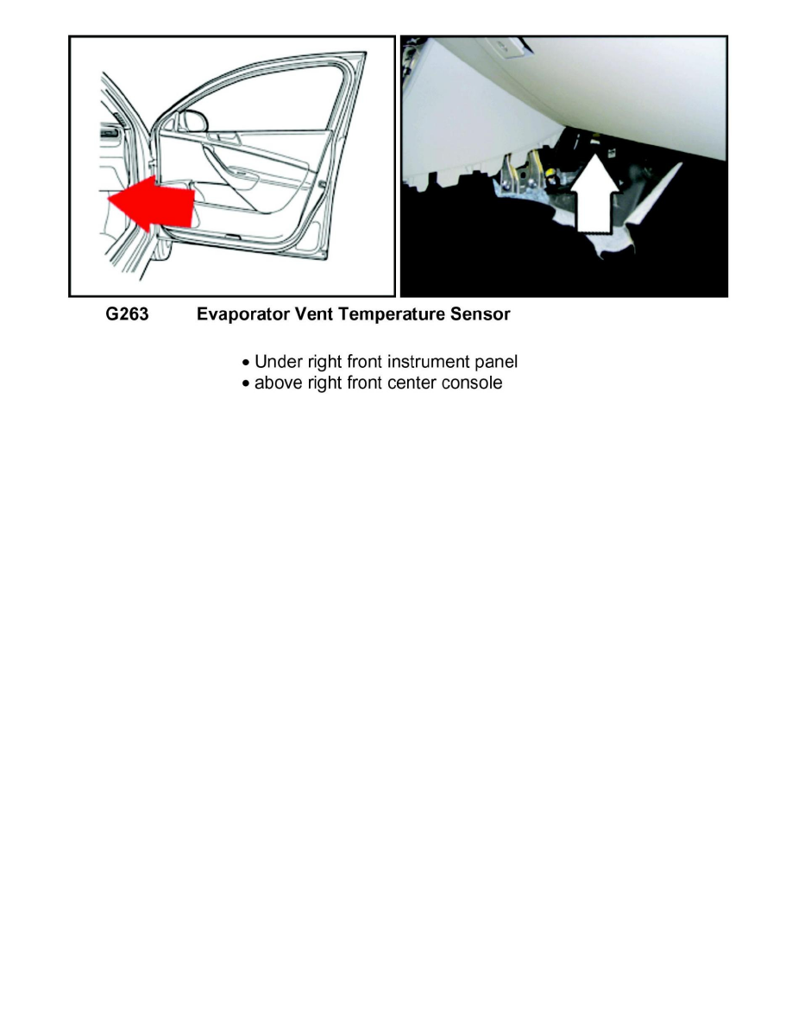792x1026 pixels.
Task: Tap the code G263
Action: (x=127, y=314)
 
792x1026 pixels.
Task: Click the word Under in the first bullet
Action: (x=278, y=361)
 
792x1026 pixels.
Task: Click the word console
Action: (x=472, y=383)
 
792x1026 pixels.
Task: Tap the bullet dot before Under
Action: (x=247, y=362)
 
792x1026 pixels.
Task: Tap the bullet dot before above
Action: (x=247, y=383)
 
